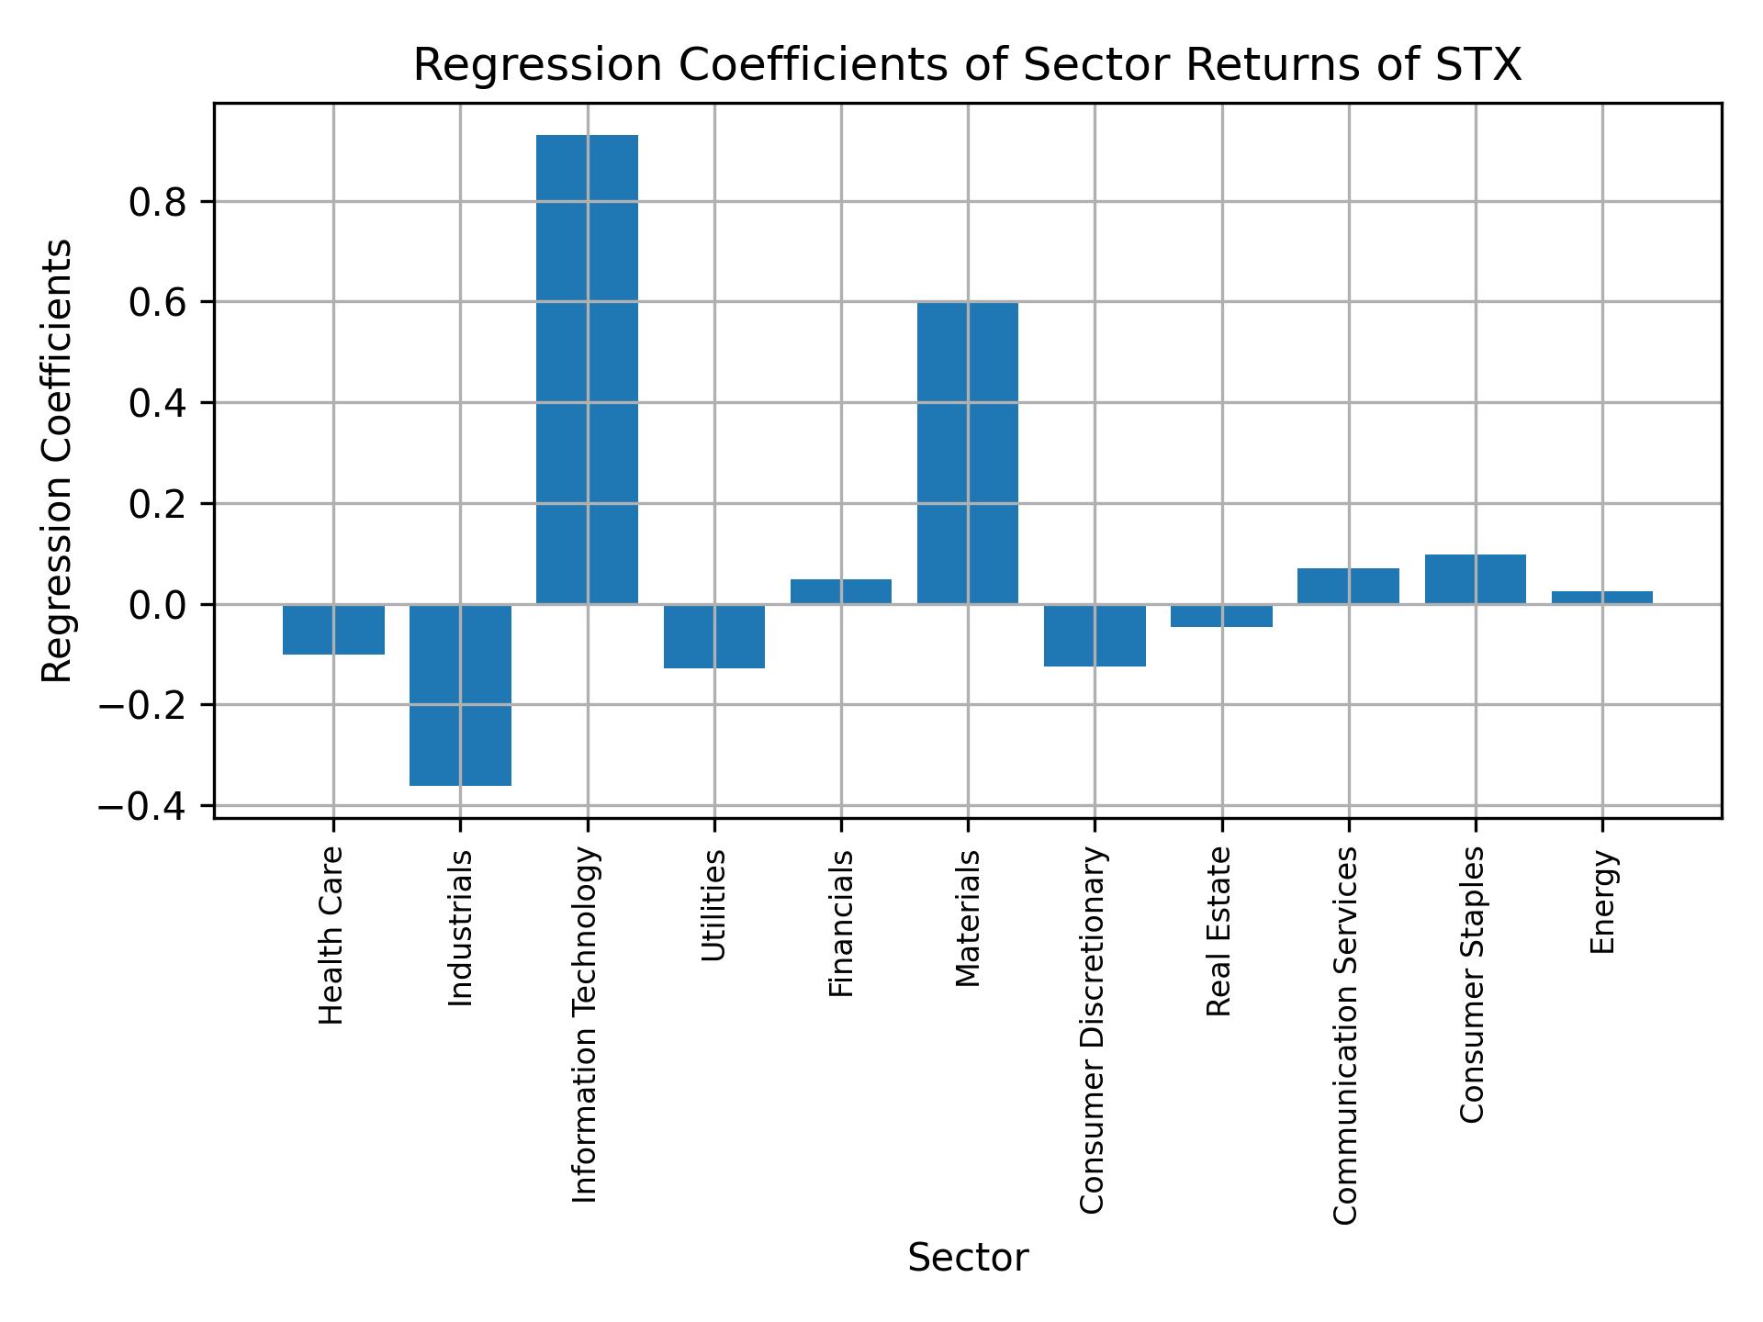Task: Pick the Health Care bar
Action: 333,629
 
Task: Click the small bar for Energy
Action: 1601,598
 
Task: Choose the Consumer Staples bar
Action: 1475,579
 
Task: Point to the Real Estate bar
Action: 1221,616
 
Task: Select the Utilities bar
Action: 713,636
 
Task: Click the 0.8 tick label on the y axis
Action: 158,202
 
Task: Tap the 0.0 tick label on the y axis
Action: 158,605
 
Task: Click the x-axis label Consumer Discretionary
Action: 1092,1030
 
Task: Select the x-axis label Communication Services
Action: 1345,1035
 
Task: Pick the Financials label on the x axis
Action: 841,923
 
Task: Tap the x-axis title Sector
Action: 967,1258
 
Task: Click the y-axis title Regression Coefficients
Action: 58,461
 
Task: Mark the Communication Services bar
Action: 1348,586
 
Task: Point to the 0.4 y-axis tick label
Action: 158,403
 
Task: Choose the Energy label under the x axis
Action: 1602,902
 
